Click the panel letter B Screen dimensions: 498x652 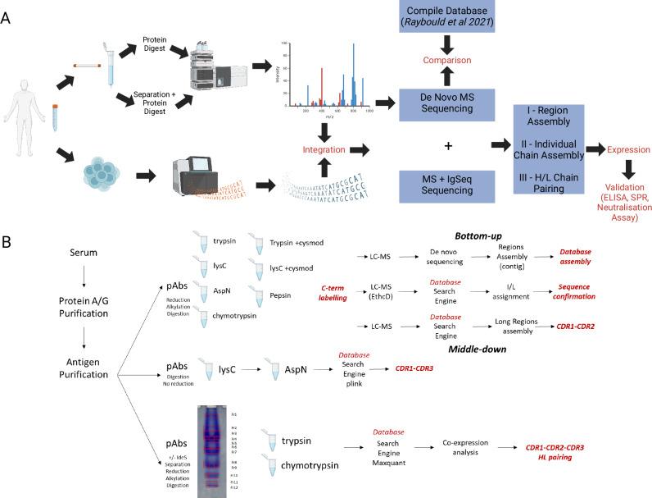tap(7, 243)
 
